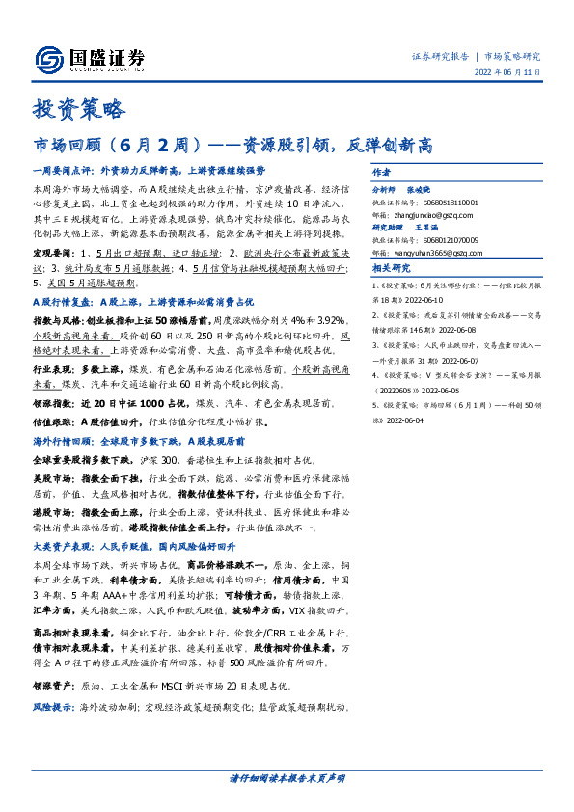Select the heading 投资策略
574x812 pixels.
[77, 109]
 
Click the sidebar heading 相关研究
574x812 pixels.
[392, 268]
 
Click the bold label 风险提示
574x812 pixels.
[51, 709]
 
